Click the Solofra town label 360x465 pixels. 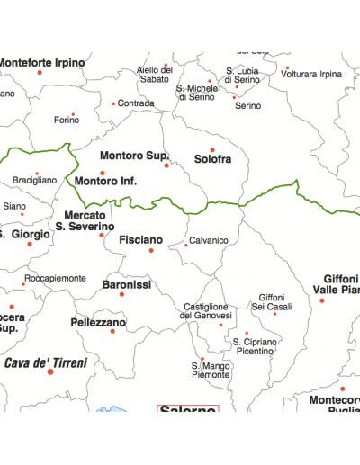tap(212, 159)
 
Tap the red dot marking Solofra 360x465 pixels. tap(212, 149)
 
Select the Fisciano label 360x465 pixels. tap(141, 240)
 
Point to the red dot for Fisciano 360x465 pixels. tap(151, 250)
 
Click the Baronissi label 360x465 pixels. tap(126, 284)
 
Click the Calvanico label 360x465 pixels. tap(209, 240)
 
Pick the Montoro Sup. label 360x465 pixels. tap(135, 155)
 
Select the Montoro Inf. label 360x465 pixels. tap(106, 182)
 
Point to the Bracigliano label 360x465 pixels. tap(34, 181)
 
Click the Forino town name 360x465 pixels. tap(67, 120)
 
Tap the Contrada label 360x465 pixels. tap(136, 103)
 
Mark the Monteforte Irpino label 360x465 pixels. tap(41, 63)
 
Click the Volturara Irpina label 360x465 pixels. tap(311, 74)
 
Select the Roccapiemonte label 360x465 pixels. tap(55, 279)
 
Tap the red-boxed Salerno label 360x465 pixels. tap(188, 410)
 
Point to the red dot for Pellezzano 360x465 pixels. tap(112, 331)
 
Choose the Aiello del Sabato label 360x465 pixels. tap(154, 75)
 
